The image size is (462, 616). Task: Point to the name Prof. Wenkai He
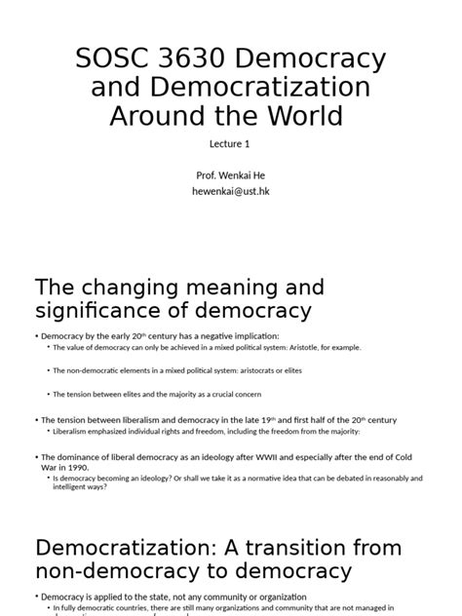[230, 175]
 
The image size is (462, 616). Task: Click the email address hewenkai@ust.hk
[230, 192]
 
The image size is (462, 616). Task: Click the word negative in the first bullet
[209, 335]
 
